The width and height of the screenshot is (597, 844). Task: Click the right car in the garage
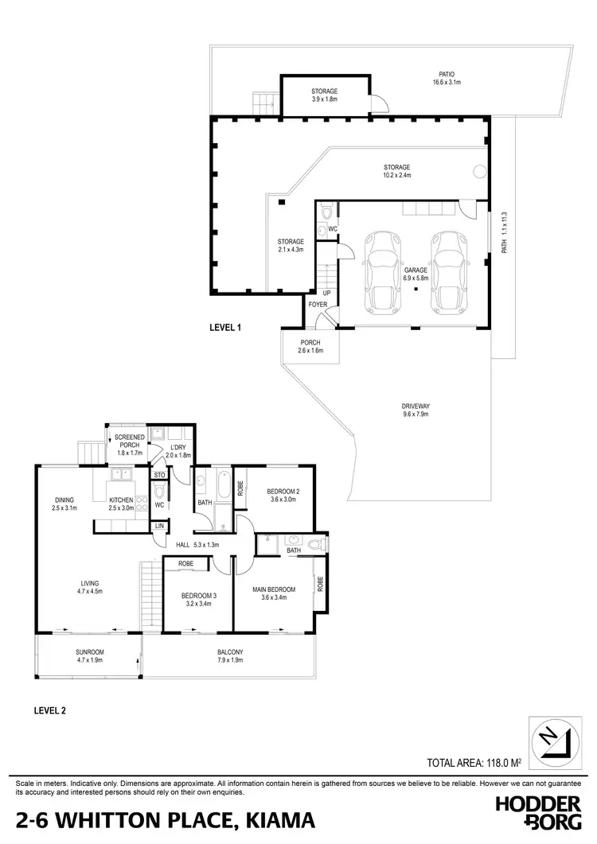click(x=449, y=272)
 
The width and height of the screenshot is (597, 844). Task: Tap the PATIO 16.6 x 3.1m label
click(x=447, y=78)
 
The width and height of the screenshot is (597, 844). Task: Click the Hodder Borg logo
click(x=540, y=813)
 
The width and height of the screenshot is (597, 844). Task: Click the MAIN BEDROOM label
click(x=273, y=589)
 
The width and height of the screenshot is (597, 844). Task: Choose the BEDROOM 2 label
click(x=283, y=492)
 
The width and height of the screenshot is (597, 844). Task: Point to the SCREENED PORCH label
click(x=128, y=442)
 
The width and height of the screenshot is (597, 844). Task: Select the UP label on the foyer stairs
click(x=326, y=293)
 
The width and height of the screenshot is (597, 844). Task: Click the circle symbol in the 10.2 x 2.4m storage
click(x=479, y=171)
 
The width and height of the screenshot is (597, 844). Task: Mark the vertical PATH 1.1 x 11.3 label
click(x=504, y=232)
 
